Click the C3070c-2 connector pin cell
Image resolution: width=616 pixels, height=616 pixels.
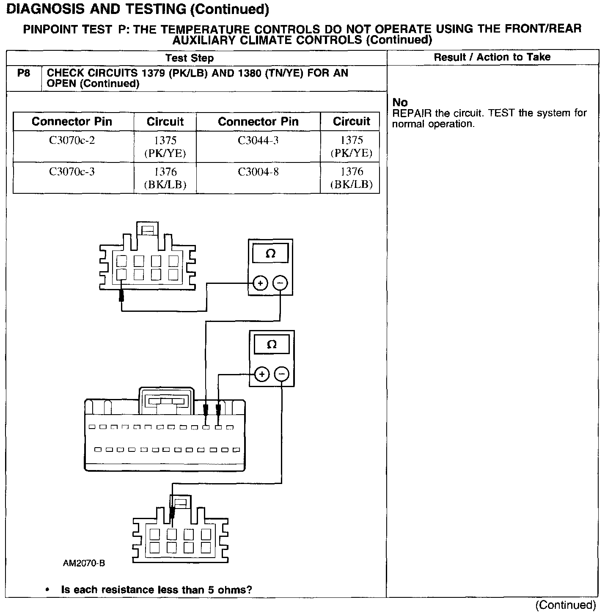[72, 140]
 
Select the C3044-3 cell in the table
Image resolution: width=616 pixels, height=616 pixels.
[258, 140]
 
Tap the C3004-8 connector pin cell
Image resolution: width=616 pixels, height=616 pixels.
[258, 172]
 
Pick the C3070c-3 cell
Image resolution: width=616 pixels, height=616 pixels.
[72, 172]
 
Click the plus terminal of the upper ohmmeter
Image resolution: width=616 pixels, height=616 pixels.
[261, 283]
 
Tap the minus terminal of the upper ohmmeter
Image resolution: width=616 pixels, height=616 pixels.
[280, 283]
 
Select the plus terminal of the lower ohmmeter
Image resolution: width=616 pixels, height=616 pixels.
[262, 374]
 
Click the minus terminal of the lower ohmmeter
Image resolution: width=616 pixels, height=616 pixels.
[282, 374]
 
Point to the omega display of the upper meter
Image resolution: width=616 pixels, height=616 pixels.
[270, 254]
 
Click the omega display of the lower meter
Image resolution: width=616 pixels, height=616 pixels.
[272, 345]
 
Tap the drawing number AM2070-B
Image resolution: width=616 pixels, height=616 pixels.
[84, 563]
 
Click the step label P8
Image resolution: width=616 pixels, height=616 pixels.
[24, 73]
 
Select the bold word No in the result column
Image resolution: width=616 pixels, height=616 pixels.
[400, 102]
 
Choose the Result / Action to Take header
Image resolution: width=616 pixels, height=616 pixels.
[492, 58]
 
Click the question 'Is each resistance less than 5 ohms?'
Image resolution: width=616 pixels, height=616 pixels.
[157, 590]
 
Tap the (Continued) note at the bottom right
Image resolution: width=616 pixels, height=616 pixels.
[566, 605]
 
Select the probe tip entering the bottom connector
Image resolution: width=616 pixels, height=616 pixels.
[172, 513]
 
